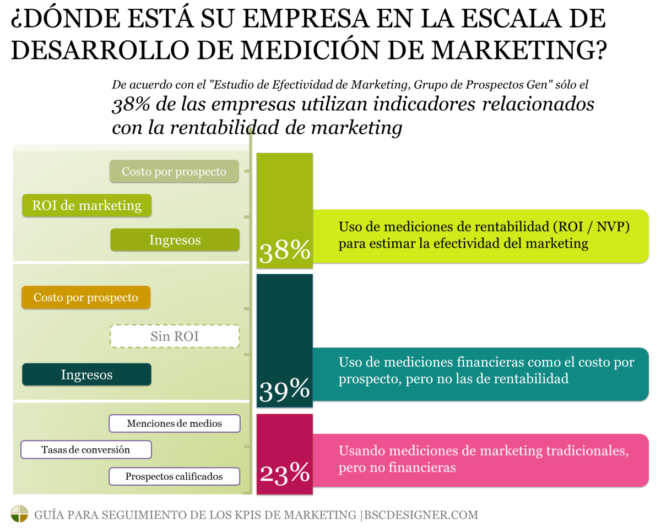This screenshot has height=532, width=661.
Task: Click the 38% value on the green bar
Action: (x=285, y=252)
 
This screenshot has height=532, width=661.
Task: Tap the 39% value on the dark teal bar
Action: (x=285, y=390)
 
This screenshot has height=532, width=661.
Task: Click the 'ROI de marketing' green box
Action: (x=86, y=205)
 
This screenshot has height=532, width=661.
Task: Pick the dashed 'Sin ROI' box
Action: (x=175, y=336)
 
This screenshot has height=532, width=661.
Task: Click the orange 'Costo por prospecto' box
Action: (x=86, y=297)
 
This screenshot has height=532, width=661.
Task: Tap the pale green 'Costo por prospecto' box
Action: (x=174, y=171)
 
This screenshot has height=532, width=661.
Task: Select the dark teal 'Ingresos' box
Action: (x=86, y=374)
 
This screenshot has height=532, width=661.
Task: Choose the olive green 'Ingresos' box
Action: (x=175, y=240)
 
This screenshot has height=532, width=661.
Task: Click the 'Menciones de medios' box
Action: (x=175, y=424)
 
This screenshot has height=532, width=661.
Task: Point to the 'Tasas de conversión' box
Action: (x=86, y=449)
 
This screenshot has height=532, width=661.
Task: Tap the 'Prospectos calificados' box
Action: (x=175, y=476)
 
